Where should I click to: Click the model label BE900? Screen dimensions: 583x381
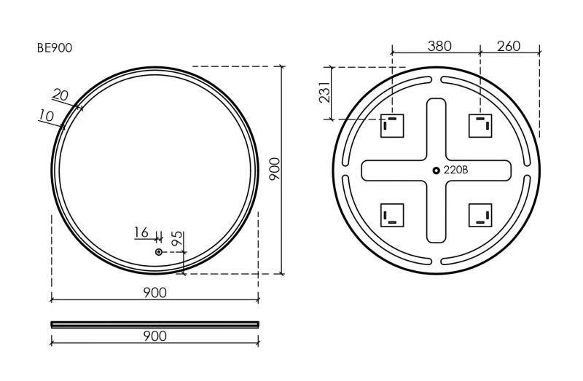point(54,48)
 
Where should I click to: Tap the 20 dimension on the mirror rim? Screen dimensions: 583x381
point(60,95)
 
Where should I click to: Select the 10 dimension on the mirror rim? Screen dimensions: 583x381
point(46,116)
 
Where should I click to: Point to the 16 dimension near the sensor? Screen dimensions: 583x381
point(141,232)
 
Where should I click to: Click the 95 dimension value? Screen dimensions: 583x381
point(178,238)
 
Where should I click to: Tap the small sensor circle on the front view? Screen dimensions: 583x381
point(159,252)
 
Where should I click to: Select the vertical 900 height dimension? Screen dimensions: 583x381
point(275,169)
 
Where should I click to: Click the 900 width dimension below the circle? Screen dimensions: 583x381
point(154,293)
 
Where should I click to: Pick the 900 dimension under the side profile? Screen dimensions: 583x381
point(154,337)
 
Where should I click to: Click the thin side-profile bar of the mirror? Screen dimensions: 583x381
point(154,324)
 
